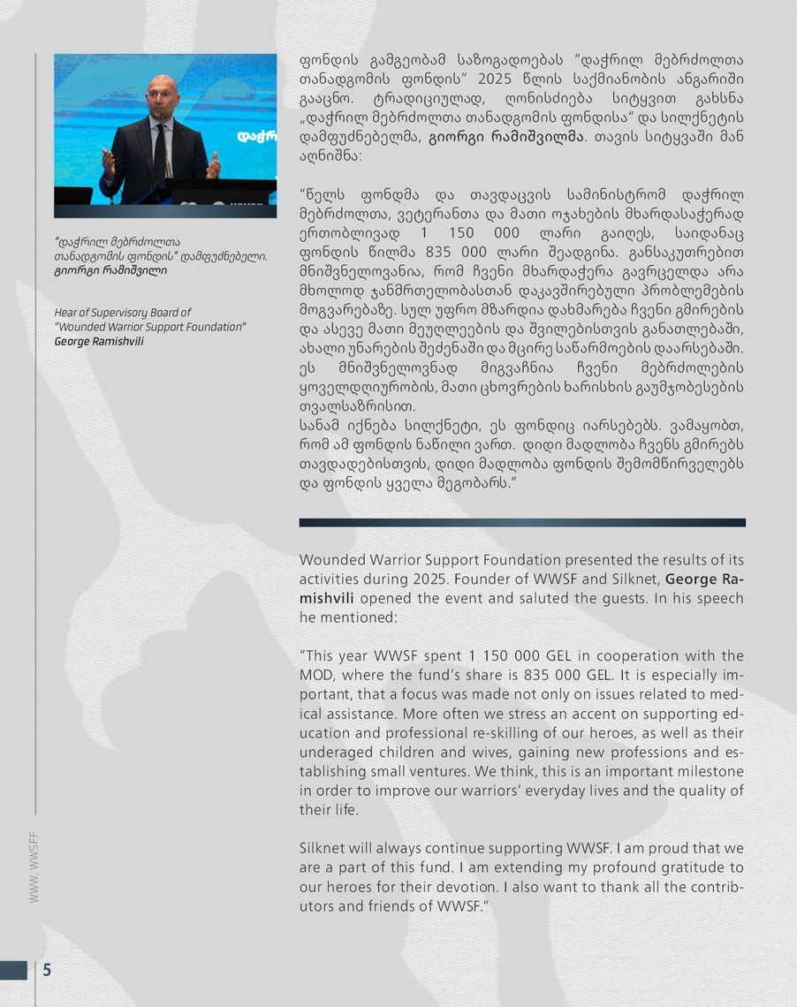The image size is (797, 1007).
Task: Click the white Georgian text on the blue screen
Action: (x=257, y=137)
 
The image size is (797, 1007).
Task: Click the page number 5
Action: (x=47, y=970)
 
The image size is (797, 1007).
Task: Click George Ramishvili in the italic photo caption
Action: (x=99, y=341)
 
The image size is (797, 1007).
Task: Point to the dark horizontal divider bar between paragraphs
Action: (x=521, y=522)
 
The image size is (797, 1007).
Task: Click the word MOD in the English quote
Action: (x=318, y=675)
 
